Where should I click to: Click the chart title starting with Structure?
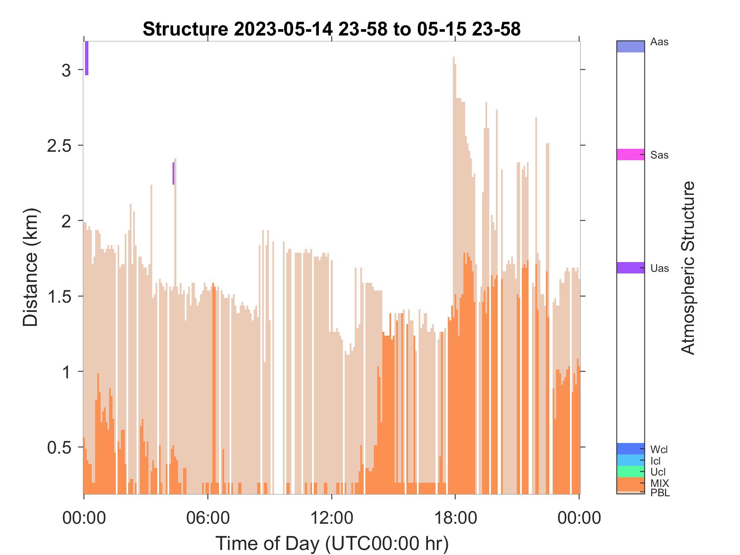click(x=332, y=29)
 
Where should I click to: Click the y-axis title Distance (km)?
click(x=30, y=267)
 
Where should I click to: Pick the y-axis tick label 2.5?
click(x=59, y=145)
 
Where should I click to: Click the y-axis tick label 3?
click(x=66, y=70)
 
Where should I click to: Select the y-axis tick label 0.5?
click(x=59, y=447)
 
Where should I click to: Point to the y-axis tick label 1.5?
click(x=59, y=296)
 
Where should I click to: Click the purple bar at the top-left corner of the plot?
click(x=87, y=58)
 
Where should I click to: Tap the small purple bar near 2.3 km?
click(x=173, y=173)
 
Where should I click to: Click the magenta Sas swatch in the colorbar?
click(x=630, y=154)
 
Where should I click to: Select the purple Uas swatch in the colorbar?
click(x=630, y=268)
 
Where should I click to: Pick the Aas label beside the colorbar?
click(x=659, y=42)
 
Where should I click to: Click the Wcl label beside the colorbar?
click(x=659, y=449)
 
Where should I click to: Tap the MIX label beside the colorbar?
click(x=660, y=483)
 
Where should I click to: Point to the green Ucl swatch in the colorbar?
click(x=630, y=471)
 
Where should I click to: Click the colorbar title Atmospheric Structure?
click(x=688, y=268)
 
